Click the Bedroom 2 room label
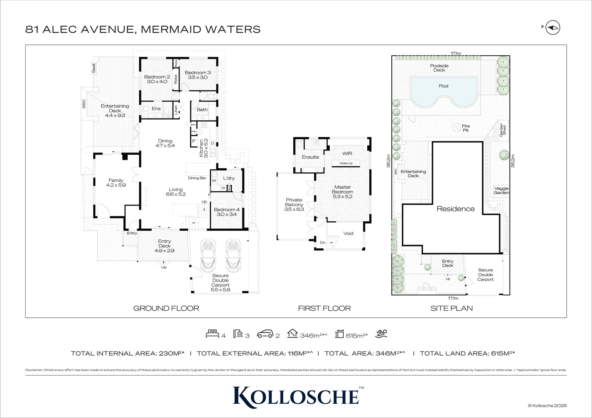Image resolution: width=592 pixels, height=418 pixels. tap(157, 77)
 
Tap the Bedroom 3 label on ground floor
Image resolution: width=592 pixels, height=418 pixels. tap(198, 73)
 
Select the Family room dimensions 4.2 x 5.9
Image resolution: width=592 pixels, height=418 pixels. tap(116, 185)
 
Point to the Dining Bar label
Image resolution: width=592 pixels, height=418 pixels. tap(197, 178)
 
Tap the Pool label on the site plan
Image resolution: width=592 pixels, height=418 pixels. tap(444, 86)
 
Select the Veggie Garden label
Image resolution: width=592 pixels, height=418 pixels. tap(501, 190)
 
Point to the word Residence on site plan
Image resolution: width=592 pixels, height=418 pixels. tap(456, 209)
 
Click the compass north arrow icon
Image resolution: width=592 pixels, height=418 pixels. tap(553, 27)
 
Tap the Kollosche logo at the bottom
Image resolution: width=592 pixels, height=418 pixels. tap(296, 396)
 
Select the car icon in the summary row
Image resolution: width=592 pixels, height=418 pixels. tap(265, 334)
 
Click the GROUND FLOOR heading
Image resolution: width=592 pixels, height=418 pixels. tap(166, 308)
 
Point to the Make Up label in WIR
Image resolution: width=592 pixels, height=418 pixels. tap(346, 163)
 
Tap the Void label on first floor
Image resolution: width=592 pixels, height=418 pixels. tap(348, 233)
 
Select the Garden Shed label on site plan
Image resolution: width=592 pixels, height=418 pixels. tap(503, 129)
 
